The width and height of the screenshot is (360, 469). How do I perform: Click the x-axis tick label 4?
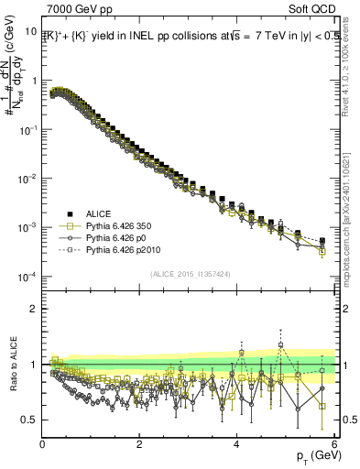[x=237, y=444]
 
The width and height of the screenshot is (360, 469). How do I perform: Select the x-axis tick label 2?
[x=140, y=444]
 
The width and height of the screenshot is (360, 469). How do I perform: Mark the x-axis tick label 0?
[x=43, y=444]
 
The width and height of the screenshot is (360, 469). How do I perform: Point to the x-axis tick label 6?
[x=334, y=444]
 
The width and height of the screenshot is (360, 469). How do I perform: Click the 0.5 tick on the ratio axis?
[x=29, y=420]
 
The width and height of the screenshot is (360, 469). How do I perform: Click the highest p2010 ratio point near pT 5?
[x=280, y=345]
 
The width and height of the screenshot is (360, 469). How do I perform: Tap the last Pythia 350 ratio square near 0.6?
[x=322, y=407]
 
